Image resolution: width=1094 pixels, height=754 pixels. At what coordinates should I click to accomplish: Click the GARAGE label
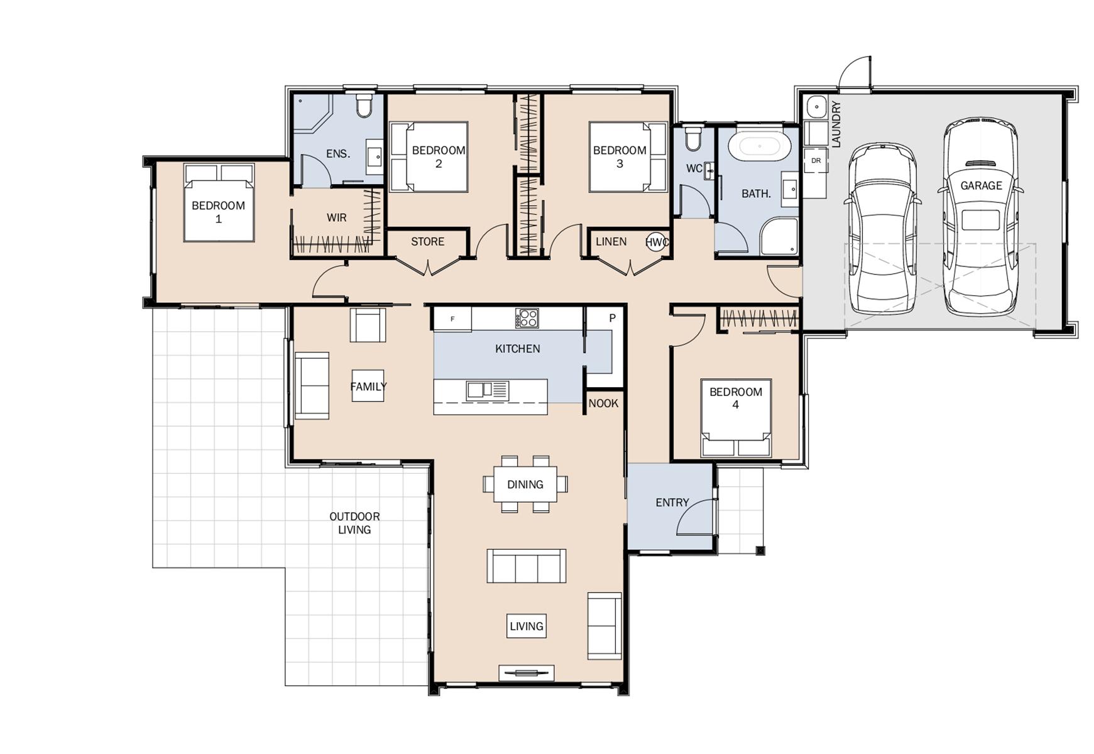[981, 185]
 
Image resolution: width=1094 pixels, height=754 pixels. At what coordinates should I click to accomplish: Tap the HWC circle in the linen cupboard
[657, 242]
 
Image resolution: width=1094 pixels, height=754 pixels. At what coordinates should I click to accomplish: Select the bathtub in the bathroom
[759, 147]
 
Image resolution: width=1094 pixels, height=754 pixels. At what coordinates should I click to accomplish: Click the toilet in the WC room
[693, 139]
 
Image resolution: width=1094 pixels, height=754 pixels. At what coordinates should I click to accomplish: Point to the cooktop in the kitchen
[527, 318]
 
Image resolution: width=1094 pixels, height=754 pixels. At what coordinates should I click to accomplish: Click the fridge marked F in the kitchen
[452, 319]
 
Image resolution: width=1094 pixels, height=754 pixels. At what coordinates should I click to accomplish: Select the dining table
[525, 484]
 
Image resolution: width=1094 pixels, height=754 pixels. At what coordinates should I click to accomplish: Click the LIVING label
[527, 626]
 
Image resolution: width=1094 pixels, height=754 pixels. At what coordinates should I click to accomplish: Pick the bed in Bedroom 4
[736, 418]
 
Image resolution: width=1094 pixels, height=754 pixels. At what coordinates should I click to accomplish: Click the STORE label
[427, 242]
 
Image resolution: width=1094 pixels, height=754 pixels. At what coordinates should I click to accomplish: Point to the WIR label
[336, 218]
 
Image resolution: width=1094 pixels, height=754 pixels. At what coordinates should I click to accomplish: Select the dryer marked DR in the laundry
[816, 161]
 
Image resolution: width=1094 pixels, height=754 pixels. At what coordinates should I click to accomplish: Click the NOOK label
[603, 403]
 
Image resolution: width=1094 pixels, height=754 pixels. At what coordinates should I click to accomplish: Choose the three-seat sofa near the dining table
[527, 565]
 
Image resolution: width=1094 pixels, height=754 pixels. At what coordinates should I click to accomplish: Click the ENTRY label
[672, 503]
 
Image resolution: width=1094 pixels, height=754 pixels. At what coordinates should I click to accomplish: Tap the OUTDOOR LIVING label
[354, 523]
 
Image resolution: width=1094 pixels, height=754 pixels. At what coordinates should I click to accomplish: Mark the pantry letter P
[612, 319]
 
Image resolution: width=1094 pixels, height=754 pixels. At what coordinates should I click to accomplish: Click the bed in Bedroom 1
[219, 202]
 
